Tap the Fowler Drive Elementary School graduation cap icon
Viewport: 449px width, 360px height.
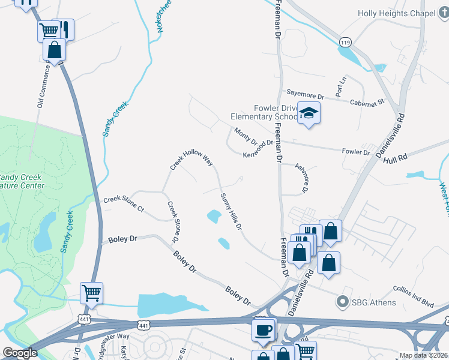309,113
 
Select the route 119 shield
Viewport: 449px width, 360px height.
344,43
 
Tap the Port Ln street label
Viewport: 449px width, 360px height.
341,87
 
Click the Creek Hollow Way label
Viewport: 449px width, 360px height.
191,160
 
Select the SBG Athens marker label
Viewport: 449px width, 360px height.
373,302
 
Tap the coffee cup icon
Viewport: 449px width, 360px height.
264,329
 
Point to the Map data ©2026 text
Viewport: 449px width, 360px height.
423,355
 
